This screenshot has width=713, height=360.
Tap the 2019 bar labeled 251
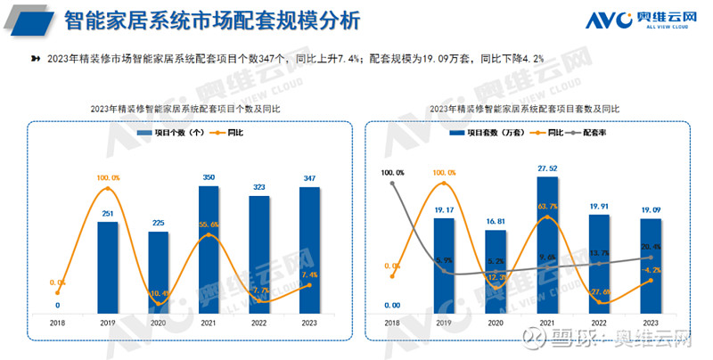108,266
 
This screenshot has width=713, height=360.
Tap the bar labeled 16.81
496,271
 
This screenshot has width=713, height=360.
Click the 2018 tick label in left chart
57,322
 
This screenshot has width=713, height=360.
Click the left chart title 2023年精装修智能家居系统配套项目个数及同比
185,108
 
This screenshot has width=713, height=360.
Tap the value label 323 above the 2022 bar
259,188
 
